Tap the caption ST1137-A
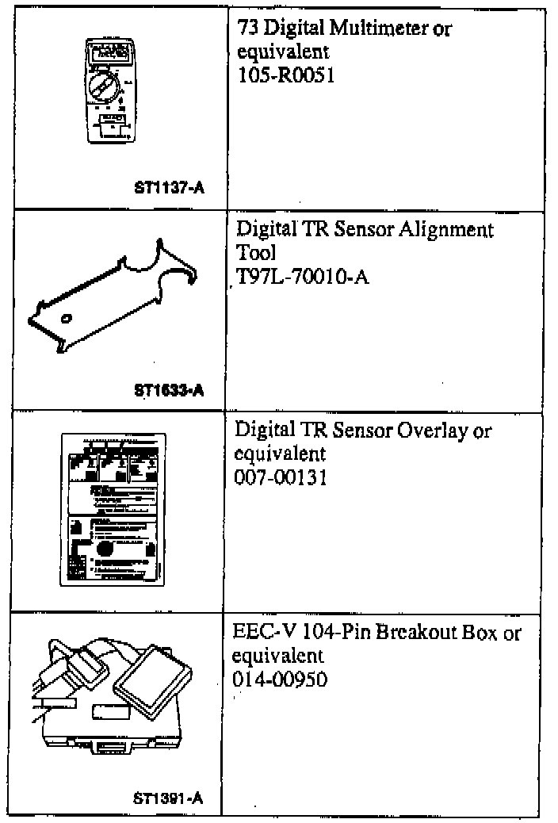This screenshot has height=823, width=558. [x=169, y=188]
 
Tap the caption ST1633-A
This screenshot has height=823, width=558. [x=169, y=389]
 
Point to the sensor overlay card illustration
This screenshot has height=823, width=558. [x=113, y=510]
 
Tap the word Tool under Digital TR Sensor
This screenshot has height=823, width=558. [x=255, y=253]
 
